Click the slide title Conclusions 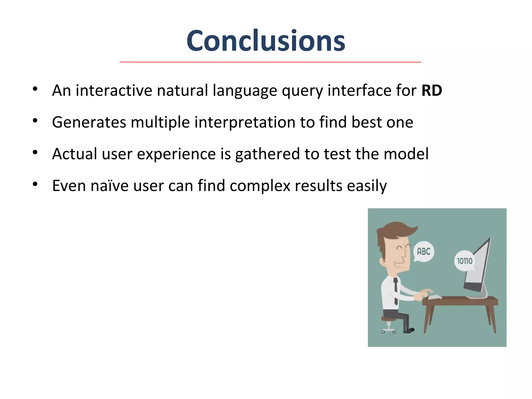(266, 41)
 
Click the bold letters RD (431, 90)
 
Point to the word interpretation (245, 123)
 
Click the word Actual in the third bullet (75, 154)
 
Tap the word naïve (109, 186)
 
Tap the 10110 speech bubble (464, 261)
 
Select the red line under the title (270, 62)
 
